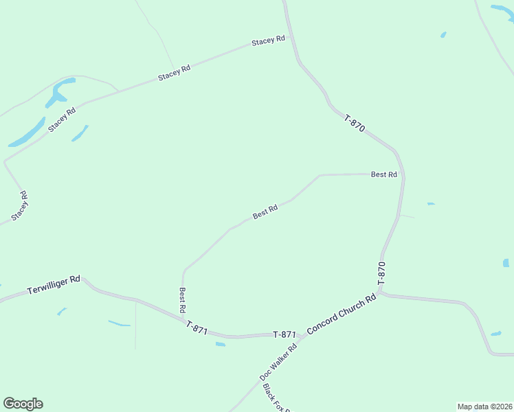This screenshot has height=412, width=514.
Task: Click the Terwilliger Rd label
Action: (x=54, y=285)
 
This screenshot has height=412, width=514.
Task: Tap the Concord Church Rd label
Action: (x=342, y=314)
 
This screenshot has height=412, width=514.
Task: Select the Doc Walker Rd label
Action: (x=278, y=362)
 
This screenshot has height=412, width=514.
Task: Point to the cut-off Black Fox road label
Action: (x=276, y=398)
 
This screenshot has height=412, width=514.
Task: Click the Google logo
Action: (x=23, y=404)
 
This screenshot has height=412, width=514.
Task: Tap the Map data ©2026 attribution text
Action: (x=484, y=407)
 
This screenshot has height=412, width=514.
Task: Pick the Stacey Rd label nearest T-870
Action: (x=268, y=41)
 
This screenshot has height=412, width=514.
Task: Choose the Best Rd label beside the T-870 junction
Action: (x=384, y=174)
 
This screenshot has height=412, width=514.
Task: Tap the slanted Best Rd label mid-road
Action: (x=265, y=211)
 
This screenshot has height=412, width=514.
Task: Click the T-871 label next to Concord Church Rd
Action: (x=284, y=334)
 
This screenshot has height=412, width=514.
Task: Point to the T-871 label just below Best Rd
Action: (x=197, y=329)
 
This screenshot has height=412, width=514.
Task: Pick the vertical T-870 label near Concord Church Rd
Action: (x=382, y=273)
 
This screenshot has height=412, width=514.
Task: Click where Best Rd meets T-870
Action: (x=403, y=174)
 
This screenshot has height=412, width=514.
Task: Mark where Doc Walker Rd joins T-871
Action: (x=299, y=339)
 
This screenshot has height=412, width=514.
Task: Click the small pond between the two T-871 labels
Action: (x=220, y=344)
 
